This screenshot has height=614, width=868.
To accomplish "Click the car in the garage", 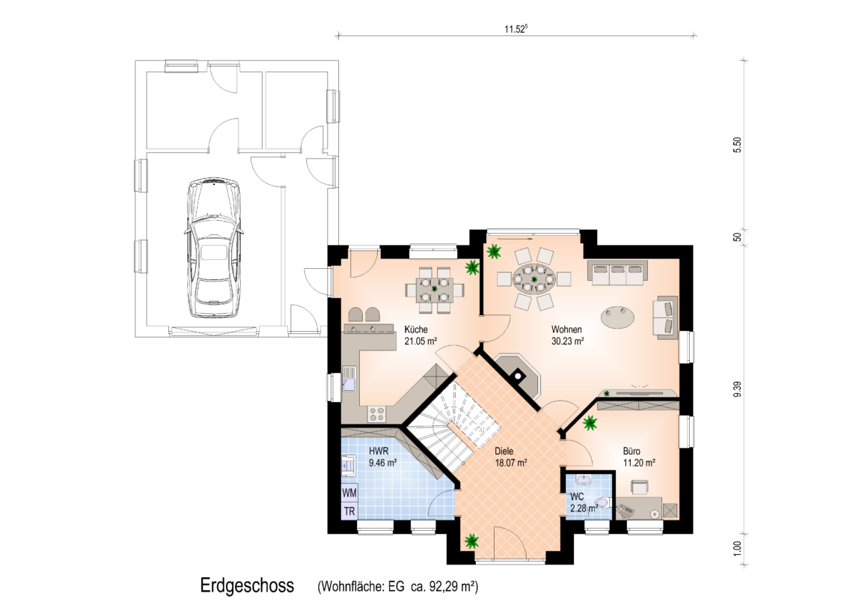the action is point(214,248).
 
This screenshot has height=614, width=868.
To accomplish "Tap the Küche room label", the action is point(416,329).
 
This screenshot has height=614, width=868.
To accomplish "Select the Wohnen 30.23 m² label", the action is point(567,335).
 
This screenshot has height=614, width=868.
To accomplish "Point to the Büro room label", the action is point(631,451).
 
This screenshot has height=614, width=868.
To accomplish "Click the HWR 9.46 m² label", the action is point(382,457).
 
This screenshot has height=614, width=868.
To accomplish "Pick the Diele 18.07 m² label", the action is point(510,457).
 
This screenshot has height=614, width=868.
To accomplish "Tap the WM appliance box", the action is point(349,493).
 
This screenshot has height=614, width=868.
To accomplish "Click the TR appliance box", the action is point(349,511).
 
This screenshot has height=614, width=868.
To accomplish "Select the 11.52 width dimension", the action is point(516,29).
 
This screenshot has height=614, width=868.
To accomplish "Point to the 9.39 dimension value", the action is point(737,389).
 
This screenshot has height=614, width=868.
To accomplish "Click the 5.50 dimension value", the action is point(737,145).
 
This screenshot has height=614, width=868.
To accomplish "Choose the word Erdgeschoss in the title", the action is point(247,586).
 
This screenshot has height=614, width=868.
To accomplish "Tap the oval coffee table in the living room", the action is point(618,317).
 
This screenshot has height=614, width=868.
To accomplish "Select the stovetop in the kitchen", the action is point(377,413).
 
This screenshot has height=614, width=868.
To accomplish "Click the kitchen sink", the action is point(349,380).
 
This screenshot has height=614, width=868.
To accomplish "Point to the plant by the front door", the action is point(471,541).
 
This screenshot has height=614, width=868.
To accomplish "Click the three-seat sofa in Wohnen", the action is point(617,272).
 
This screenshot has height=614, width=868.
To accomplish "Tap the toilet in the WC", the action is point(604,502).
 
